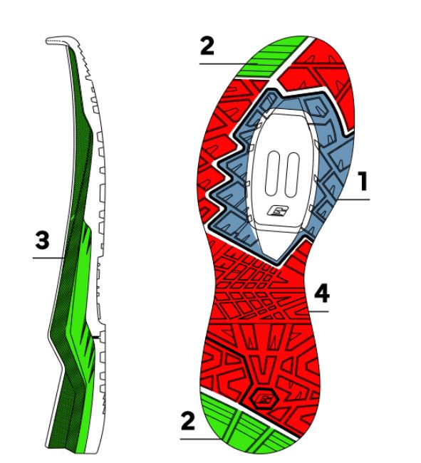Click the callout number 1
click(363, 181)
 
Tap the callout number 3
click(42, 240)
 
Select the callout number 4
click(322, 293)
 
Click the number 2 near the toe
click(207, 46)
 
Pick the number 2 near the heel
click(188, 421)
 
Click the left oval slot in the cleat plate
click(273, 173)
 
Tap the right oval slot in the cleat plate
click(292, 175)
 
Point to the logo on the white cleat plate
click(278, 211)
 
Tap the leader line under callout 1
click(353, 199)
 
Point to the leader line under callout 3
click(48, 258)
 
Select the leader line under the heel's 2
click(201, 439)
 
